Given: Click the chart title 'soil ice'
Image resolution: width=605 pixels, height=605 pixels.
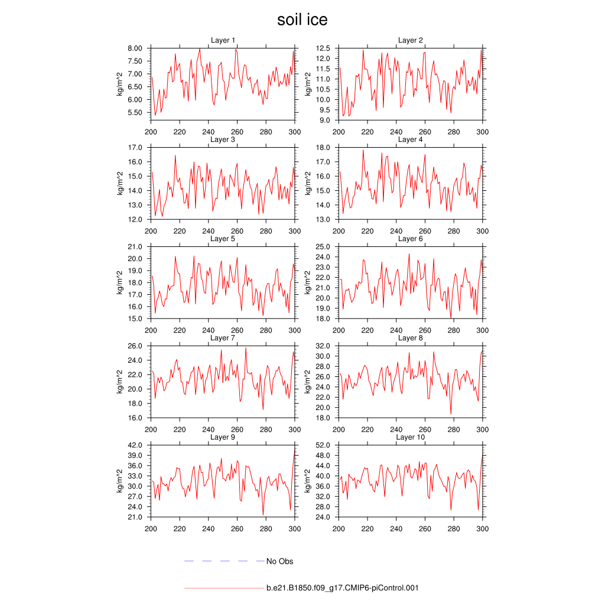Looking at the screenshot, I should click(302, 20).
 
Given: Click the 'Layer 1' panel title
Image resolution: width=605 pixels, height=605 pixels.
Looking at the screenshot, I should click(223, 40).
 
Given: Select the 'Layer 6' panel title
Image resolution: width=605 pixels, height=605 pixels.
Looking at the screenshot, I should click(410, 239).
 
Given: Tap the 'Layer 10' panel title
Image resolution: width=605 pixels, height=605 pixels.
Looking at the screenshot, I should click(410, 437).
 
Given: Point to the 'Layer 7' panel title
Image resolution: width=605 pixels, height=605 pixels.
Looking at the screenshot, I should click(223, 338).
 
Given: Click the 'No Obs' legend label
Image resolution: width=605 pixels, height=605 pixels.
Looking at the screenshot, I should click(279, 561).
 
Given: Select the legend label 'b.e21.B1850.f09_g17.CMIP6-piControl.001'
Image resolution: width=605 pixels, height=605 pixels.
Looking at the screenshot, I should click(343, 588).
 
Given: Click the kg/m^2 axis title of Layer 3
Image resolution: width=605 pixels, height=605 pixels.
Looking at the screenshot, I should click(120, 183).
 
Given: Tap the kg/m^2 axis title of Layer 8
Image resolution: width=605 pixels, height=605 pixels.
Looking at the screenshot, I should click(308, 382).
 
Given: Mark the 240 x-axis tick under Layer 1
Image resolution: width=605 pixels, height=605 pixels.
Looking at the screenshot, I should click(208, 132).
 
